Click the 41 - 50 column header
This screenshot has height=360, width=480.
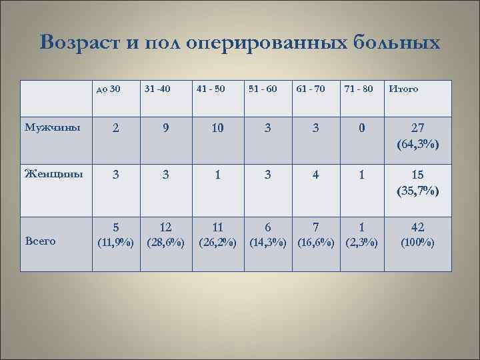click(211, 89)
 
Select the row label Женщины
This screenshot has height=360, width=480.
click(53, 175)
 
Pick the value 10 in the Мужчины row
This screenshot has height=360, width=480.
click(217, 129)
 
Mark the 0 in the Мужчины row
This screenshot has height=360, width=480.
click(362, 129)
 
